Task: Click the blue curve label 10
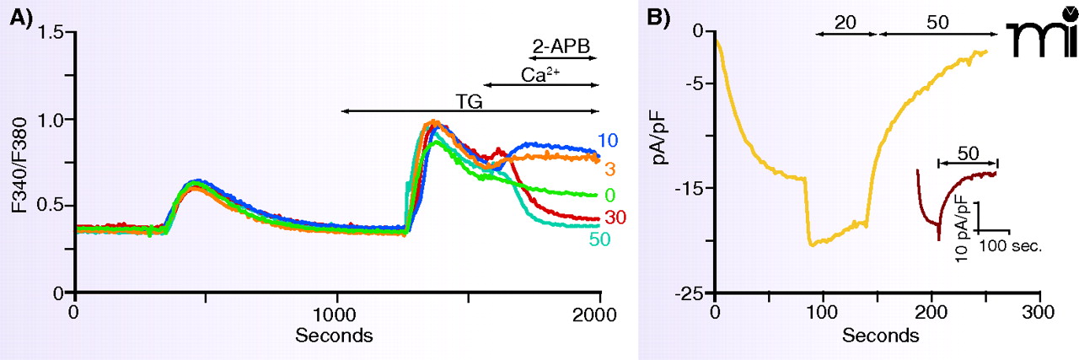[609, 141]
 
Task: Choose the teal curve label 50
[600, 239]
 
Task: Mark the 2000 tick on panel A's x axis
[599, 313]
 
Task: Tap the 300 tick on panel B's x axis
[1040, 313]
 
